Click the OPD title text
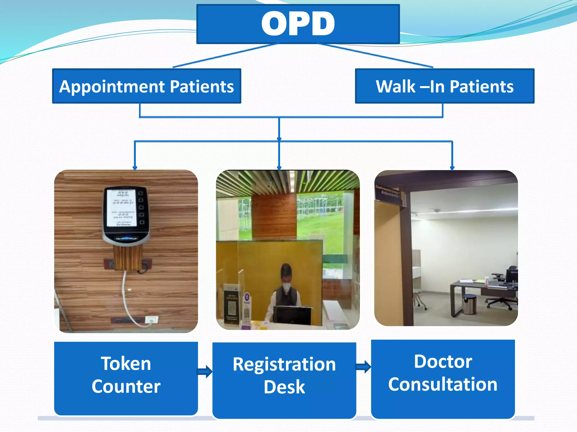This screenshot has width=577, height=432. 298,24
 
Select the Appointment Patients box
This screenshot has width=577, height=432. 147,86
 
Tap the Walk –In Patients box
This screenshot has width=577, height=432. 444,86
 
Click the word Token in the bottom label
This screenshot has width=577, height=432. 126,363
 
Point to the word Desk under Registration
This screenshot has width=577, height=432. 284,387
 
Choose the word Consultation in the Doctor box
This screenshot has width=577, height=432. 443,384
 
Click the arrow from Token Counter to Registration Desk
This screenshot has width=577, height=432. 205,372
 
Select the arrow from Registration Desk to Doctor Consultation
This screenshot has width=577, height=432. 363,367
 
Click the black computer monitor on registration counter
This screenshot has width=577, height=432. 292,315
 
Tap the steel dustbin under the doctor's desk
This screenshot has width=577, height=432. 469,304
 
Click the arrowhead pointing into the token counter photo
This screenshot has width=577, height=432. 135,168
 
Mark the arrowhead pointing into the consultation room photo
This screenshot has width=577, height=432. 452,168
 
